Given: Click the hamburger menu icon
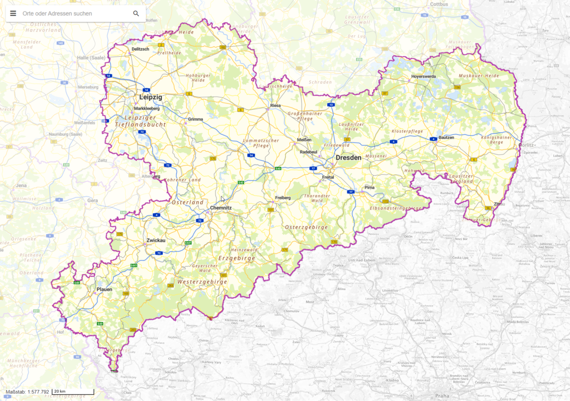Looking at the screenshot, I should (13, 14).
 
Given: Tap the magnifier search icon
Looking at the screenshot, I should (136, 14).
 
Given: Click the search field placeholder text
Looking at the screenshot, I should (57, 14).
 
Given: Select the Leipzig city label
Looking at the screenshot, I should (150, 97).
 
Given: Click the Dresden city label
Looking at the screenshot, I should (348, 158).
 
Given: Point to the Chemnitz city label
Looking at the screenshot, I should (221, 208).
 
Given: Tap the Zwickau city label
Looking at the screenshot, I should (156, 240).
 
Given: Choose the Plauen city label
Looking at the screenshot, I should (104, 289).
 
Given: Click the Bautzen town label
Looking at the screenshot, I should (446, 137).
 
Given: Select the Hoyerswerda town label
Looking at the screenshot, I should (423, 76).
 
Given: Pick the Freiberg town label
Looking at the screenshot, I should (283, 198).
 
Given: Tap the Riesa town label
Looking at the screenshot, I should (275, 106).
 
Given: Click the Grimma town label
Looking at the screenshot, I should (195, 119).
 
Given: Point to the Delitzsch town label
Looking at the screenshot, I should (140, 49).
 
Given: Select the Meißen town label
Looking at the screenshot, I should (304, 139).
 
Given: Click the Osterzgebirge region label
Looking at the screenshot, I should (306, 227).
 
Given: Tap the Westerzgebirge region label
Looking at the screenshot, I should (202, 281).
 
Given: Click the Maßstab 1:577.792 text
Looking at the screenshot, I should (27, 392).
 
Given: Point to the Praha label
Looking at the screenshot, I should (442, 396).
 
